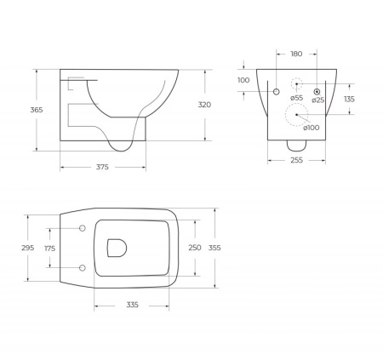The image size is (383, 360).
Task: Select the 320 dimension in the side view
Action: (x=204, y=105)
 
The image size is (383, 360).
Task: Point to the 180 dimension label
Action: (x=296, y=54)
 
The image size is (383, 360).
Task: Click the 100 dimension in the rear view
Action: (x=243, y=80)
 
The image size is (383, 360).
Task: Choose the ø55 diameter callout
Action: (x=296, y=99)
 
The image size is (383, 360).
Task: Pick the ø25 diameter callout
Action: (x=317, y=100)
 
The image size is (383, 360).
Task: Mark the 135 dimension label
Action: (x=348, y=99)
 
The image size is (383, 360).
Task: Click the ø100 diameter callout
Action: (x=312, y=127)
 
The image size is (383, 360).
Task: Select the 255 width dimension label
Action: (x=295, y=160)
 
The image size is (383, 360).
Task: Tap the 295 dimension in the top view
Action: (x=27, y=248)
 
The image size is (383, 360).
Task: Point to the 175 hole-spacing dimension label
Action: (x=49, y=249)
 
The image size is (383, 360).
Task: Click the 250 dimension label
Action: (x=195, y=247)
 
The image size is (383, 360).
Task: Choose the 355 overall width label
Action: (x=214, y=247)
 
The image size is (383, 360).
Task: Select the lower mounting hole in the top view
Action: (x=83, y=267)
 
